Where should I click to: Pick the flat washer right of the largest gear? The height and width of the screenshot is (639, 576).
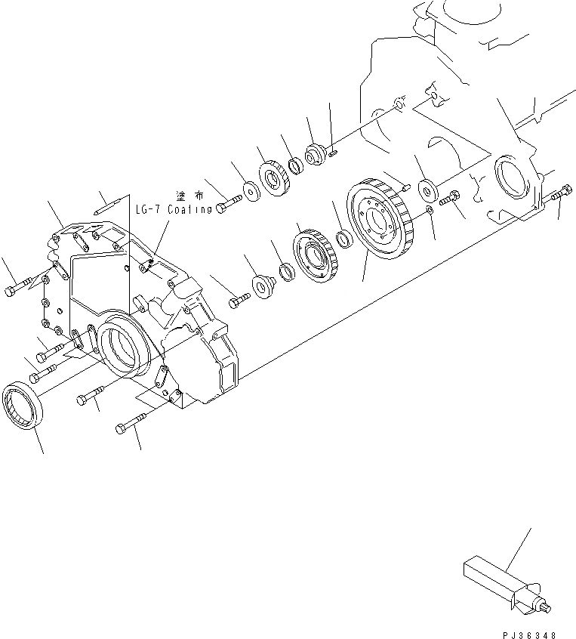(x=425, y=187)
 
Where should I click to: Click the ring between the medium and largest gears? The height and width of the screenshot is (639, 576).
(x=343, y=239)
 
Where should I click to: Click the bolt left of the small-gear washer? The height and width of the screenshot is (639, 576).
(x=228, y=202)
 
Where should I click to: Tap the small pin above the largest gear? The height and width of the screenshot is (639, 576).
(x=405, y=182)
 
